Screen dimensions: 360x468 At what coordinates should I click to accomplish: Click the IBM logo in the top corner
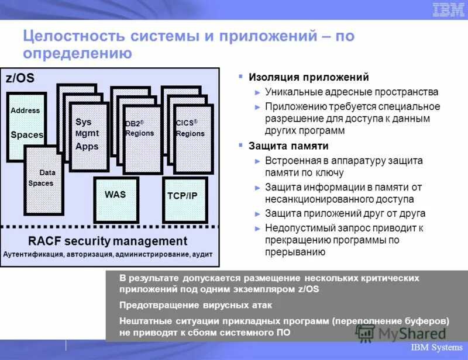pyautogui.click(x=448, y=9)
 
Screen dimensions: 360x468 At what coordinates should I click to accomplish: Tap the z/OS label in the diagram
pyautogui.click(x=20, y=78)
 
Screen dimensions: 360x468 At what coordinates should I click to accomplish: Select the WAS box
pyautogui.click(x=115, y=199)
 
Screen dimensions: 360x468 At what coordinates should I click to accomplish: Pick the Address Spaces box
pyautogui.click(x=26, y=126)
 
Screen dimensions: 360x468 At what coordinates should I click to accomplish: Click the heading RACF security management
pyautogui.click(x=108, y=241)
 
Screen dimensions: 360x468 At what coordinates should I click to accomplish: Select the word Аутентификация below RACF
pyautogui.click(x=36, y=255)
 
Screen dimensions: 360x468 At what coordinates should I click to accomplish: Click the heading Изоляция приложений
pyautogui.click(x=309, y=77)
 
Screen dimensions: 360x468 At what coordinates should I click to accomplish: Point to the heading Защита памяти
pyautogui.click(x=288, y=146)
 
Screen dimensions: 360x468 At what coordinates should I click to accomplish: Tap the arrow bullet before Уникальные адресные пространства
pyautogui.click(x=257, y=92)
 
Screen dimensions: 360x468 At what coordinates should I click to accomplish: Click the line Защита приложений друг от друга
pyautogui.click(x=345, y=214)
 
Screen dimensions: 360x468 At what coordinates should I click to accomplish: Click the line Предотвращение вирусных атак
pyautogui.click(x=195, y=305)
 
